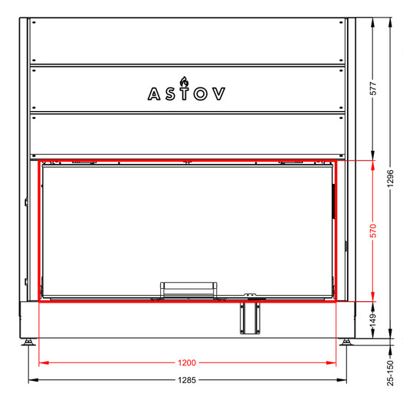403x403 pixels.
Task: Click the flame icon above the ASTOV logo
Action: (184, 81)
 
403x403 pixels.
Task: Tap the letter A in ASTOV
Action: (154, 94)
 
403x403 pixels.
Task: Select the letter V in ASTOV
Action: (219, 93)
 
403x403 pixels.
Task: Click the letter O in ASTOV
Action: (201, 93)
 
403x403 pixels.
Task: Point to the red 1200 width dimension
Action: (187, 362)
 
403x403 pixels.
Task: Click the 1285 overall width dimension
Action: (187, 380)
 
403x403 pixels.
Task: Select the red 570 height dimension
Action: (373, 231)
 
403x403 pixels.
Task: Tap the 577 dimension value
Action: (373, 88)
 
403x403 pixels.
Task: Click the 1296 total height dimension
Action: (391, 179)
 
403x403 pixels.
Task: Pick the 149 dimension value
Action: (373, 320)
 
